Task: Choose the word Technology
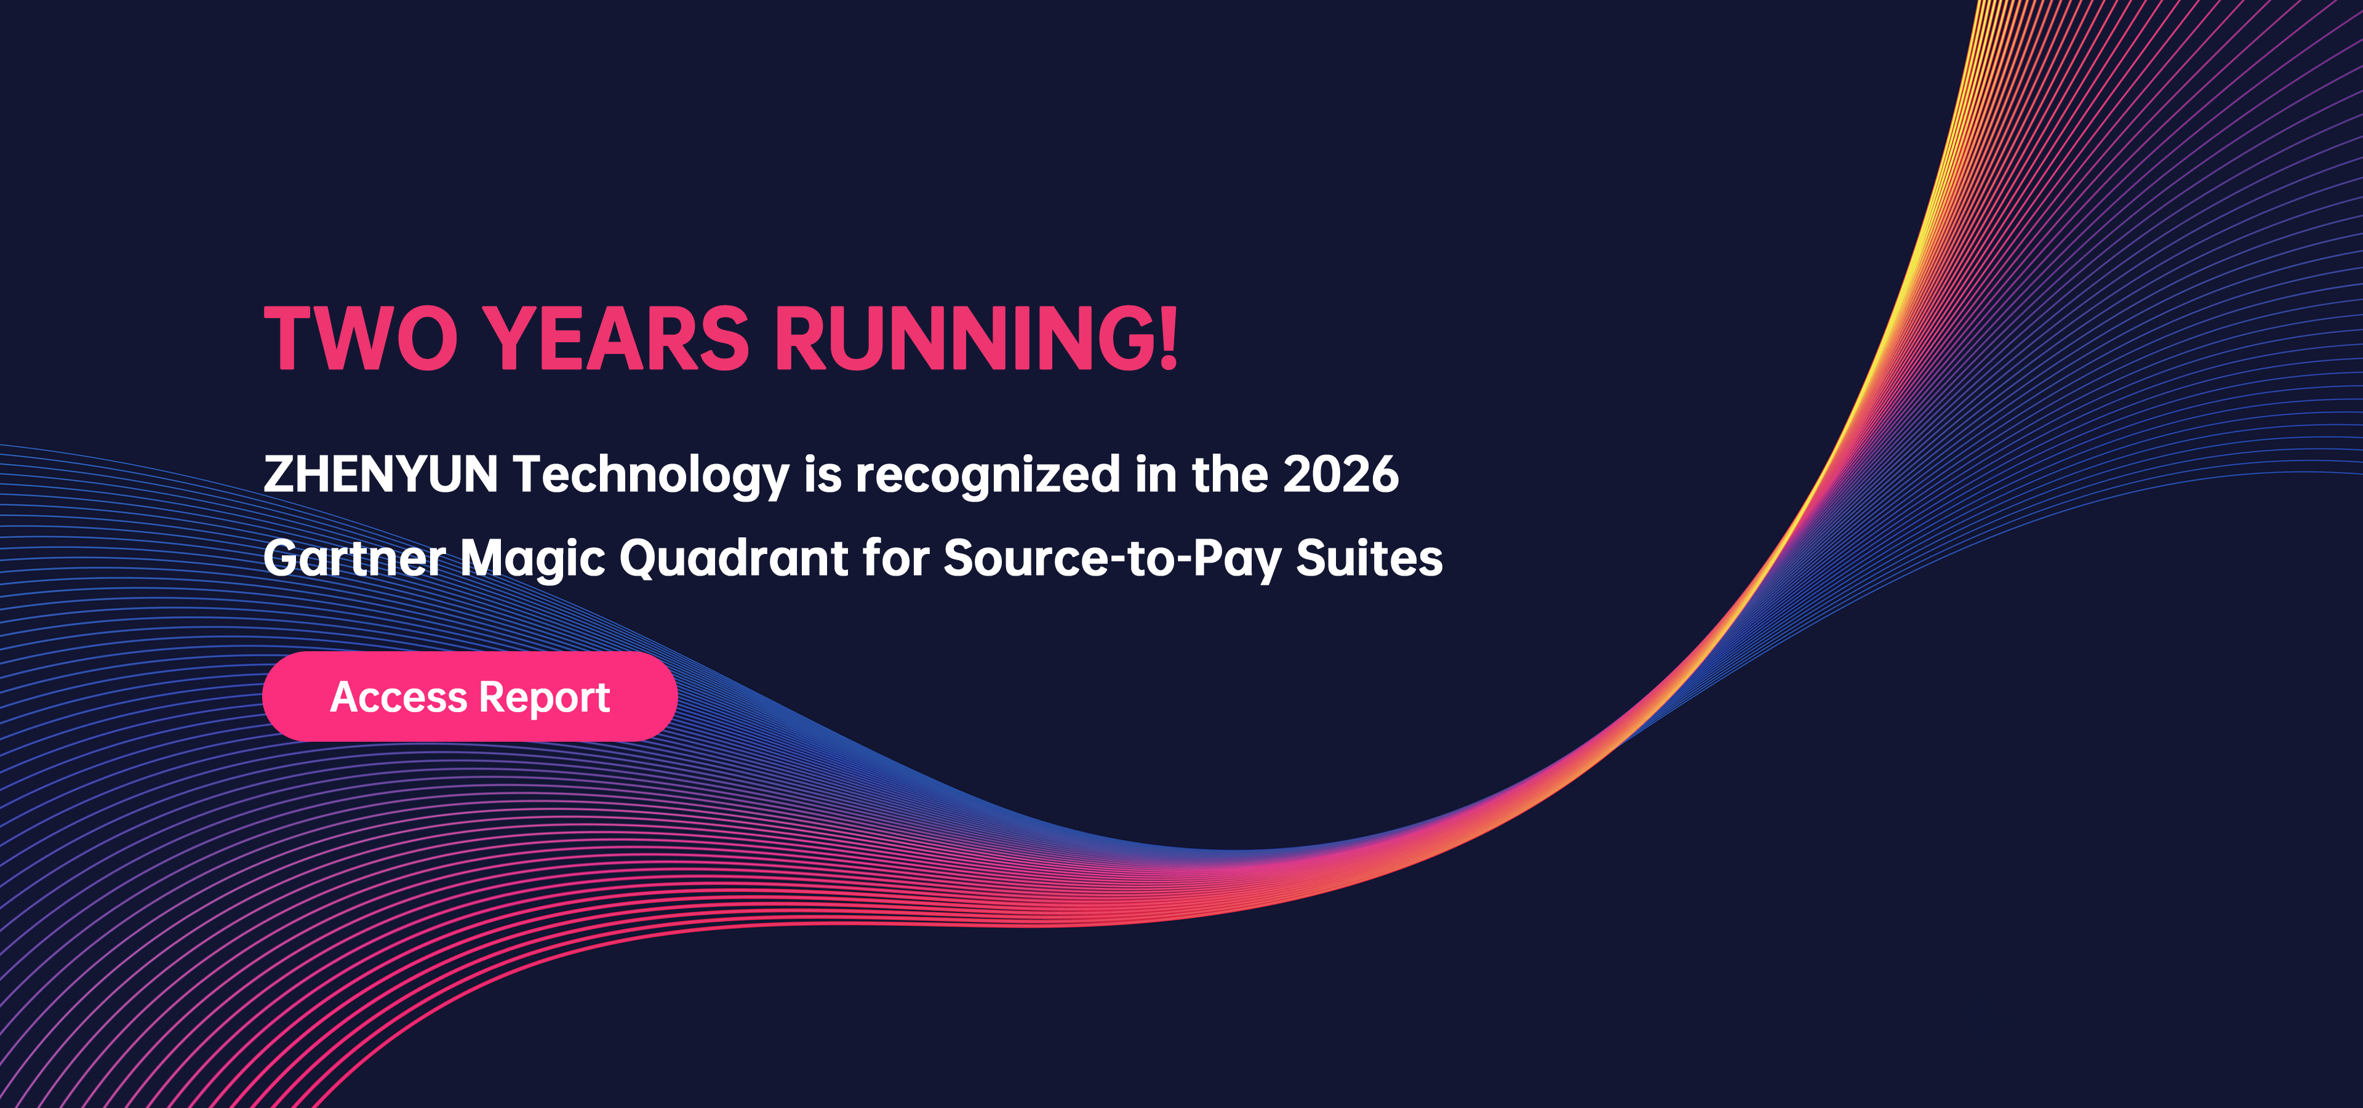coord(650,475)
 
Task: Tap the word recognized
coord(988,475)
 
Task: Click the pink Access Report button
coord(470,696)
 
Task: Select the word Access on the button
coord(398,697)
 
